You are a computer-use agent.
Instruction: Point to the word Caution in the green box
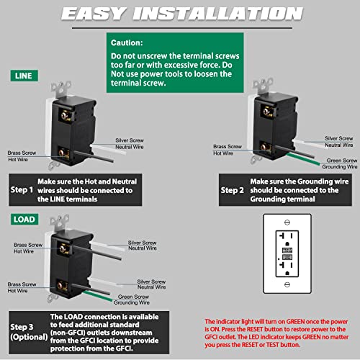pyautogui.click(x=128, y=42)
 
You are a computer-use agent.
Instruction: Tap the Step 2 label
pyautogui.click(x=232, y=190)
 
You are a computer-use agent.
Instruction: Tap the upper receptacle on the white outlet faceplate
pyautogui.click(x=286, y=238)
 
